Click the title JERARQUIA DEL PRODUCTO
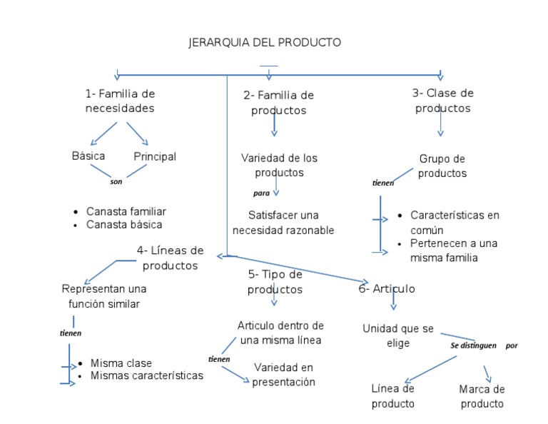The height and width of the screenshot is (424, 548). (265, 43)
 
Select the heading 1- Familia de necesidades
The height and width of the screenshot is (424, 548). (120, 101)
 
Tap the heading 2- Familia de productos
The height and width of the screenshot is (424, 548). (278, 103)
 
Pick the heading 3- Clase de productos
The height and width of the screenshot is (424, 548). (442, 101)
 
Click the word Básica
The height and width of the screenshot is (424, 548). (88, 156)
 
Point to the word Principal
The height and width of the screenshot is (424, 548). (154, 156)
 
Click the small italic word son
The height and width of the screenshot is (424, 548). (116, 181)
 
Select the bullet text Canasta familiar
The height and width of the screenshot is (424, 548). (126, 212)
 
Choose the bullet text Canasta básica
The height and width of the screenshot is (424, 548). (124, 225)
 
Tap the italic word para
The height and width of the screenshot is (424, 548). (261, 193)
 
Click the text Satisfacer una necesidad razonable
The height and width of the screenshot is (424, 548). (283, 223)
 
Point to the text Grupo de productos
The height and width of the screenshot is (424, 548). (442, 166)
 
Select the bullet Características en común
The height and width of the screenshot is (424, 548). (455, 222)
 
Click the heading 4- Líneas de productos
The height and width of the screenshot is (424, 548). (171, 258)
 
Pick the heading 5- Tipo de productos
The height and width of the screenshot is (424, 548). (275, 282)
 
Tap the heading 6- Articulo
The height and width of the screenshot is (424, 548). (387, 289)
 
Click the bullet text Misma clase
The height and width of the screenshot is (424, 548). (121, 363)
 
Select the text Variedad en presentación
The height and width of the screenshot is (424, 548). (283, 375)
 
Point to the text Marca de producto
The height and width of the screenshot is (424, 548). (482, 397)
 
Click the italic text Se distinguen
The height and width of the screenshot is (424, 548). (473, 345)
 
